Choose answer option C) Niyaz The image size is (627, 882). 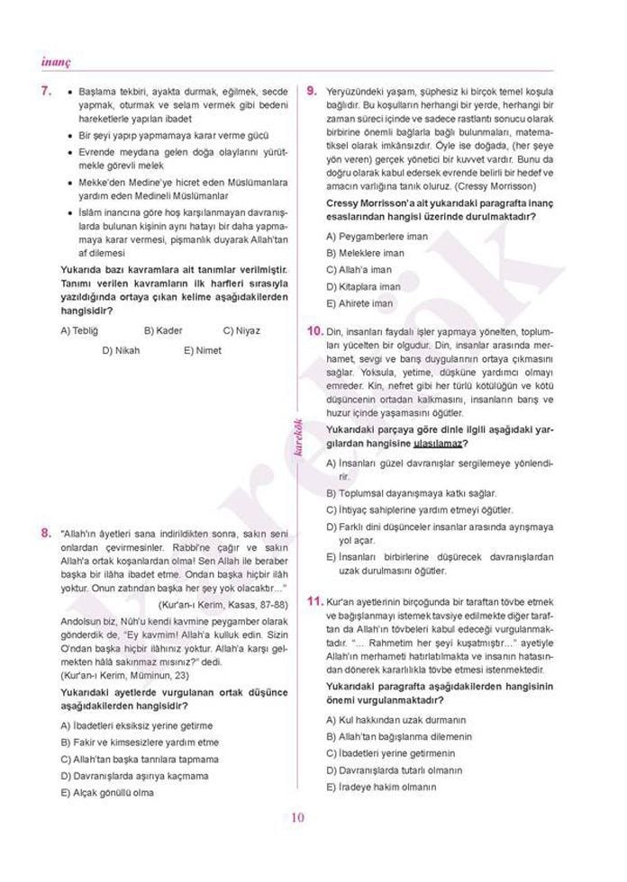coord(241,330)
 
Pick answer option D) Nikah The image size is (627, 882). coord(121,350)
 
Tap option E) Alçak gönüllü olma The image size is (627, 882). coord(106,792)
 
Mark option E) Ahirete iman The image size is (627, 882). coord(359,303)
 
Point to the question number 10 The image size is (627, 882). coord(314,331)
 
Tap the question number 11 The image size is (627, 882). coord(314,600)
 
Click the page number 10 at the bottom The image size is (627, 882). coord(299,817)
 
